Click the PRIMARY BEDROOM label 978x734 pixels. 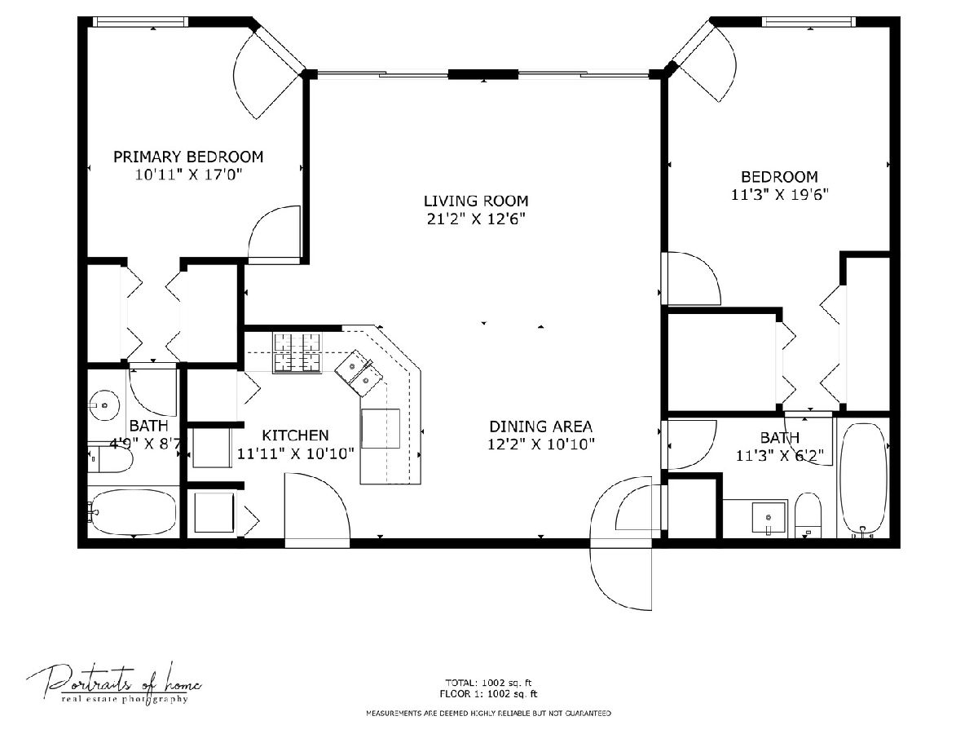coord(188,157)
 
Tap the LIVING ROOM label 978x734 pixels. coord(476,201)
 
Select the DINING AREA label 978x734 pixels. coord(541,427)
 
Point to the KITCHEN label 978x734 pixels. coord(295,435)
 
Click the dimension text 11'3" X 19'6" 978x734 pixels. coord(780,195)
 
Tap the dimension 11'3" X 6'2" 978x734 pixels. coord(779,456)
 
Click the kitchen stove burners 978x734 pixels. coord(297,353)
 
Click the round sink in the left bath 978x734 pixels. coord(104,405)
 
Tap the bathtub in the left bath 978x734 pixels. coord(133,512)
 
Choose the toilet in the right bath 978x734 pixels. coord(808,515)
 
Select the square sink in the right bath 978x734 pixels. coord(769,517)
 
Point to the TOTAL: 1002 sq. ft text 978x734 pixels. coord(488,683)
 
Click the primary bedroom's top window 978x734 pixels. coord(140,22)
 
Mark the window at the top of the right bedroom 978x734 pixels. coord(808,22)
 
